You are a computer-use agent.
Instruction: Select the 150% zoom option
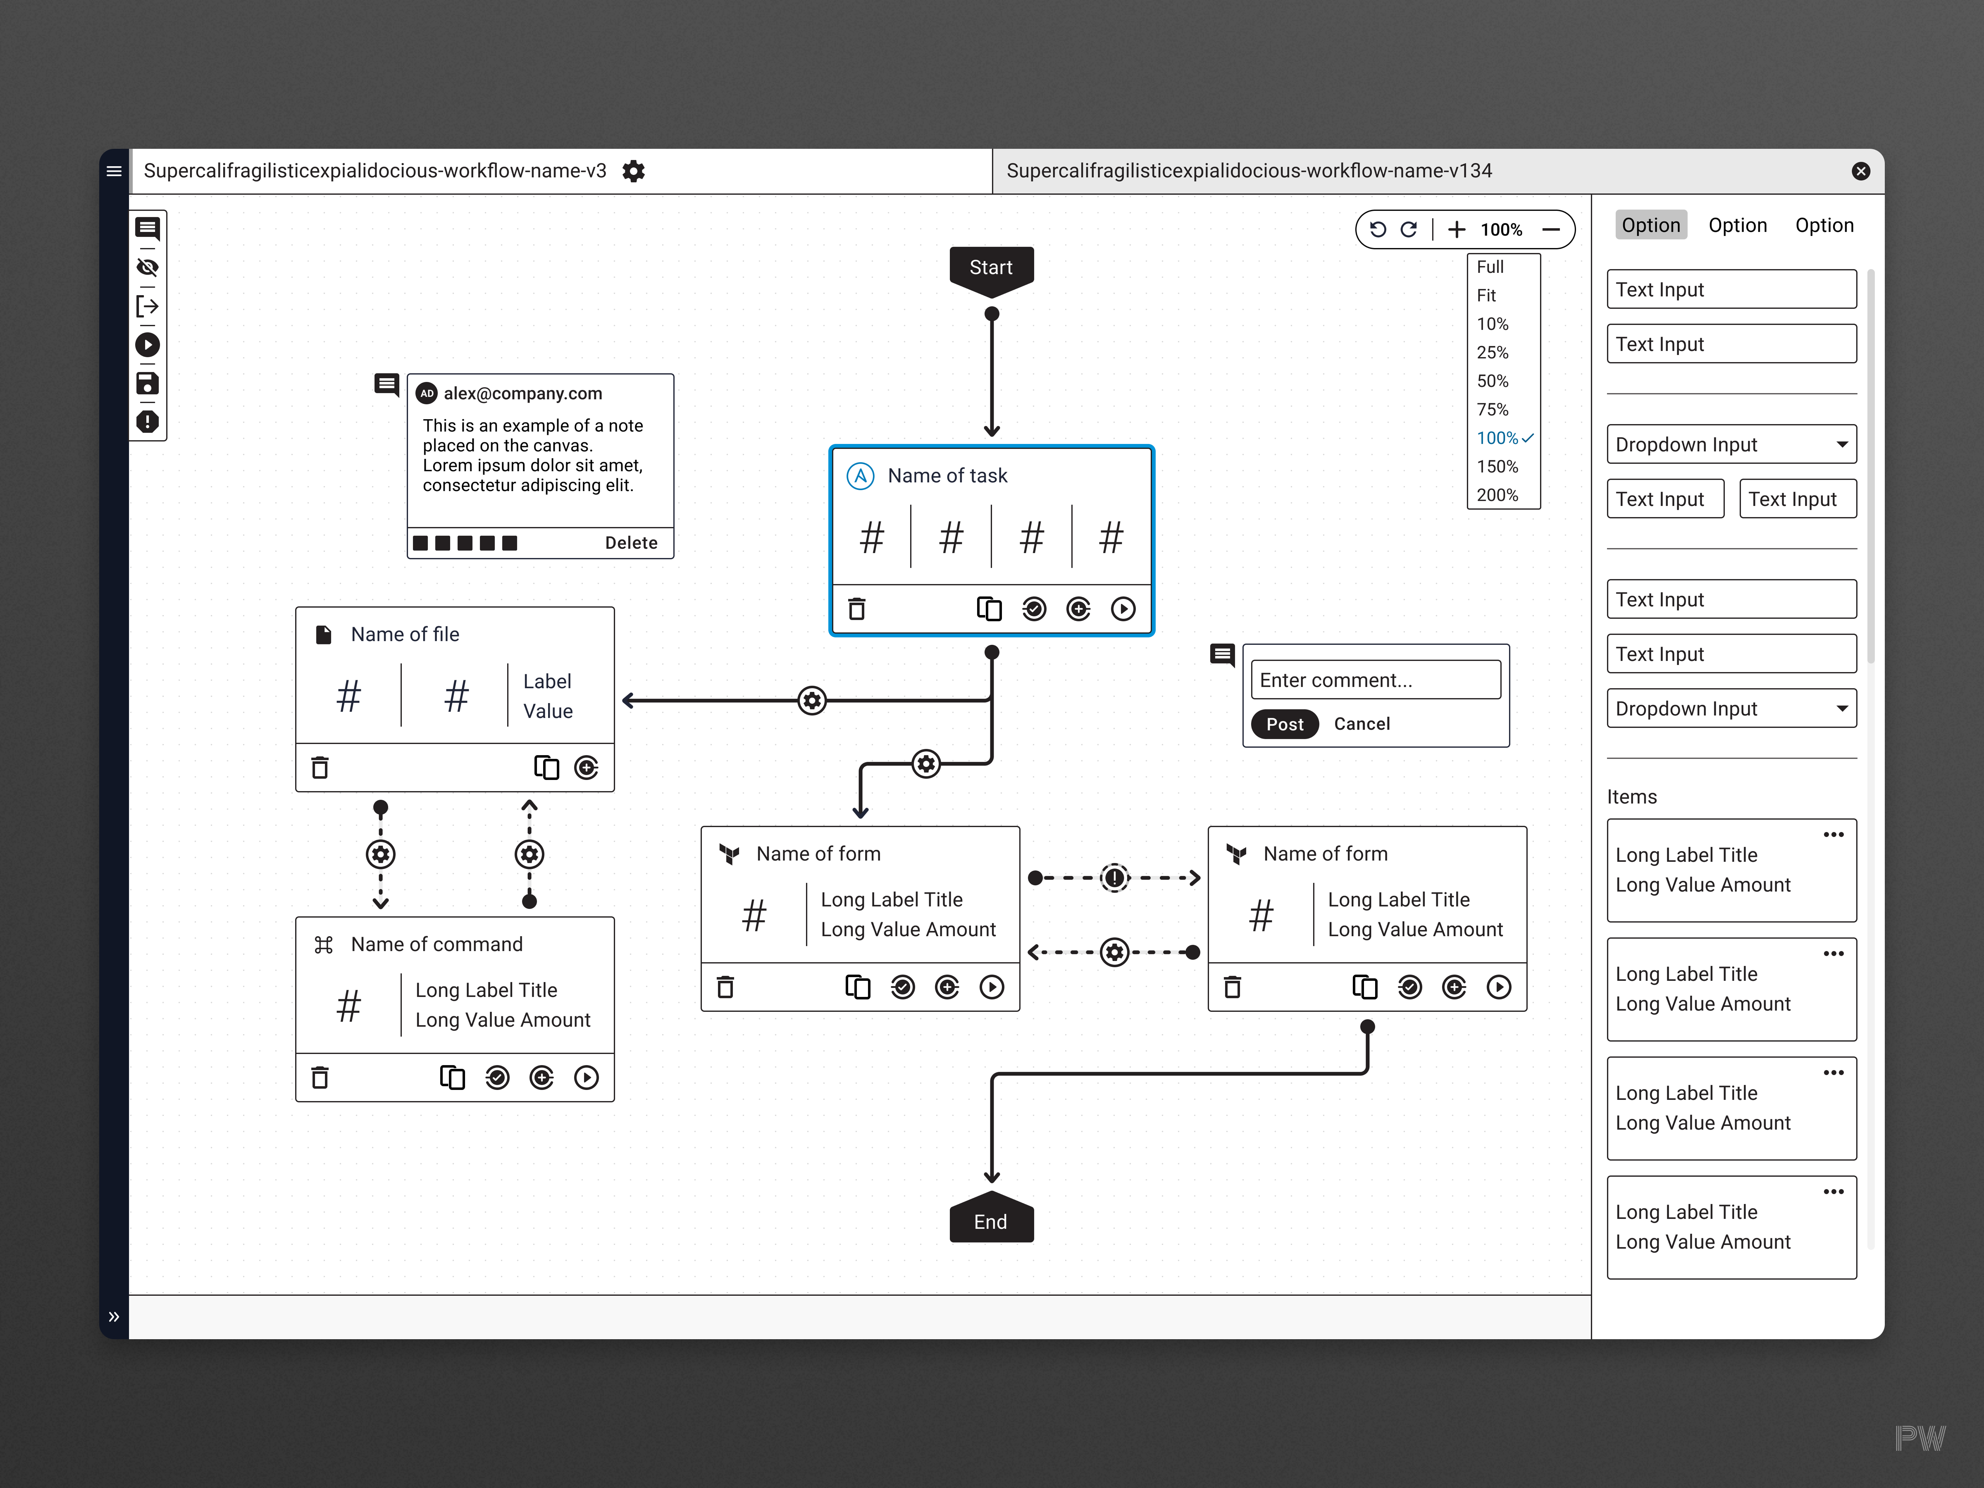tap(1497, 466)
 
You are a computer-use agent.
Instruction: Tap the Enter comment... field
tap(1375, 680)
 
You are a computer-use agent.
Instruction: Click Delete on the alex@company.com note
tap(630, 543)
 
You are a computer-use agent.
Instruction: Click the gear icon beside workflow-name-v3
tap(633, 171)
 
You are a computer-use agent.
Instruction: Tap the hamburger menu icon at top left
tap(114, 171)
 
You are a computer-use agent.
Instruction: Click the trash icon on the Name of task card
tap(856, 609)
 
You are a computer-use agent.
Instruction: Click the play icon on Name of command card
tap(586, 1077)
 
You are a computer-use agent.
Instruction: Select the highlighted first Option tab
tap(1650, 225)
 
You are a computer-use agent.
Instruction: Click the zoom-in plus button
tap(1457, 230)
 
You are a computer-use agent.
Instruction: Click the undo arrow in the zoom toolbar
tap(1378, 230)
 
